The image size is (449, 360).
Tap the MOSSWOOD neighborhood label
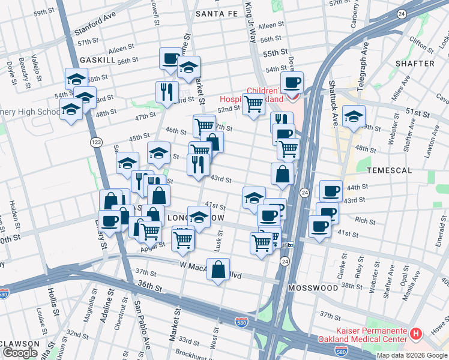click(313, 288)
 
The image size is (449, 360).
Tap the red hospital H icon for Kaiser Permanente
click(415, 332)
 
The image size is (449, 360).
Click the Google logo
click(20, 353)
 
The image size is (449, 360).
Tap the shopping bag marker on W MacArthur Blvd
click(219, 269)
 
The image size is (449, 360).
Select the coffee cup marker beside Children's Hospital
click(292, 83)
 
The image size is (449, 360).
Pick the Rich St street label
click(365, 221)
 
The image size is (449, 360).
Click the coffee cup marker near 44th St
click(330, 191)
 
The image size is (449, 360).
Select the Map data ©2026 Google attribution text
click(412, 355)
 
